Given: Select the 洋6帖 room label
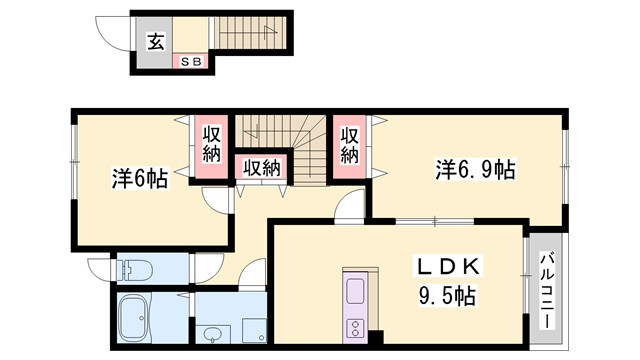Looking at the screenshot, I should point(139,179).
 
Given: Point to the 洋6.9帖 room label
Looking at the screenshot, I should point(473,170).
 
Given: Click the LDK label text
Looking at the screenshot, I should point(449,267).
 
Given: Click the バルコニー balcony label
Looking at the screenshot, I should point(546,291).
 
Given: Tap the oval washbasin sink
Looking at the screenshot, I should point(212,334).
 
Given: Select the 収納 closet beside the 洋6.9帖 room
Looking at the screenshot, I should point(349,145).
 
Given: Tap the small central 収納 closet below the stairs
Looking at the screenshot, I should point(261,168).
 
